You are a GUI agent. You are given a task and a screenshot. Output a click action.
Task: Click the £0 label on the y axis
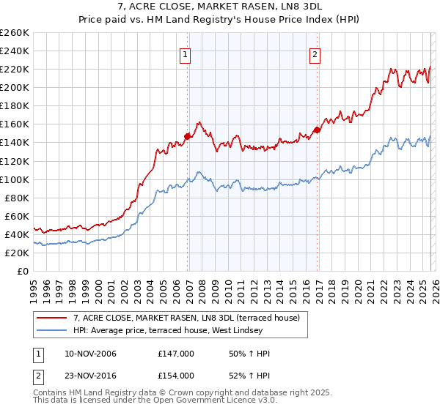click(23, 271)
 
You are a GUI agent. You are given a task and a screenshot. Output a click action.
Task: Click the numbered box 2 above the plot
click(315, 53)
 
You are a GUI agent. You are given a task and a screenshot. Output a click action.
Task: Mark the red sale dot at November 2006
click(188, 135)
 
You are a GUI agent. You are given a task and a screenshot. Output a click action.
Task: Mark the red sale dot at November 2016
click(318, 130)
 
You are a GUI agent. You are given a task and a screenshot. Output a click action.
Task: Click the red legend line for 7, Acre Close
click(52, 318)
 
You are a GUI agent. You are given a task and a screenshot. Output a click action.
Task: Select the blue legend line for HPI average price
click(52, 331)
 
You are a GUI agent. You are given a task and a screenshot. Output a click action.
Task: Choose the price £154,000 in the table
click(176, 375)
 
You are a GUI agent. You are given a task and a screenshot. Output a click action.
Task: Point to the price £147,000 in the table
click(176, 354)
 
